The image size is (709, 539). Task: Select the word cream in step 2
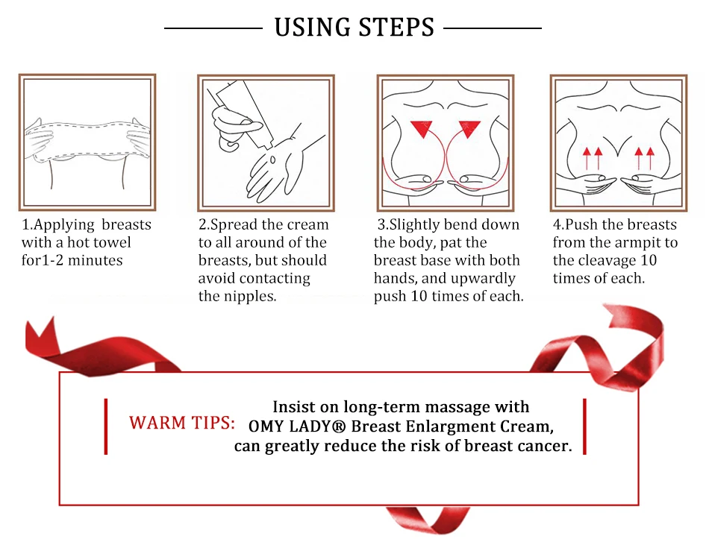pyautogui.click(x=307, y=224)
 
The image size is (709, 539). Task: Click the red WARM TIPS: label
pyautogui.click(x=182, y=423)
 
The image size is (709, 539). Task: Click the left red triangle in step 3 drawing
pyautogui.click(x=422, y=129)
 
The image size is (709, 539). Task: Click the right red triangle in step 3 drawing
pyautogui.click(x=470, y=129)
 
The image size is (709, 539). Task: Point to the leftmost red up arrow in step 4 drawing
pyautogui.click(x=587, y=158)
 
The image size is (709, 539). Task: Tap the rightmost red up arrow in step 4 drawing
pyautogui.click(x=650, y=158)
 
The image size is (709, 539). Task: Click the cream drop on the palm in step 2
pyautogui.click(x=272, y=160)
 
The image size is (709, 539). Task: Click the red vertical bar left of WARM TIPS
pyautogui.click(x=106, y=426)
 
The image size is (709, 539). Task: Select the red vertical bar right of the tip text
pyautogui.click(x=584, y=426)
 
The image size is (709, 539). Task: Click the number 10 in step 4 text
pyautogui.click(x=649, y=260)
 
